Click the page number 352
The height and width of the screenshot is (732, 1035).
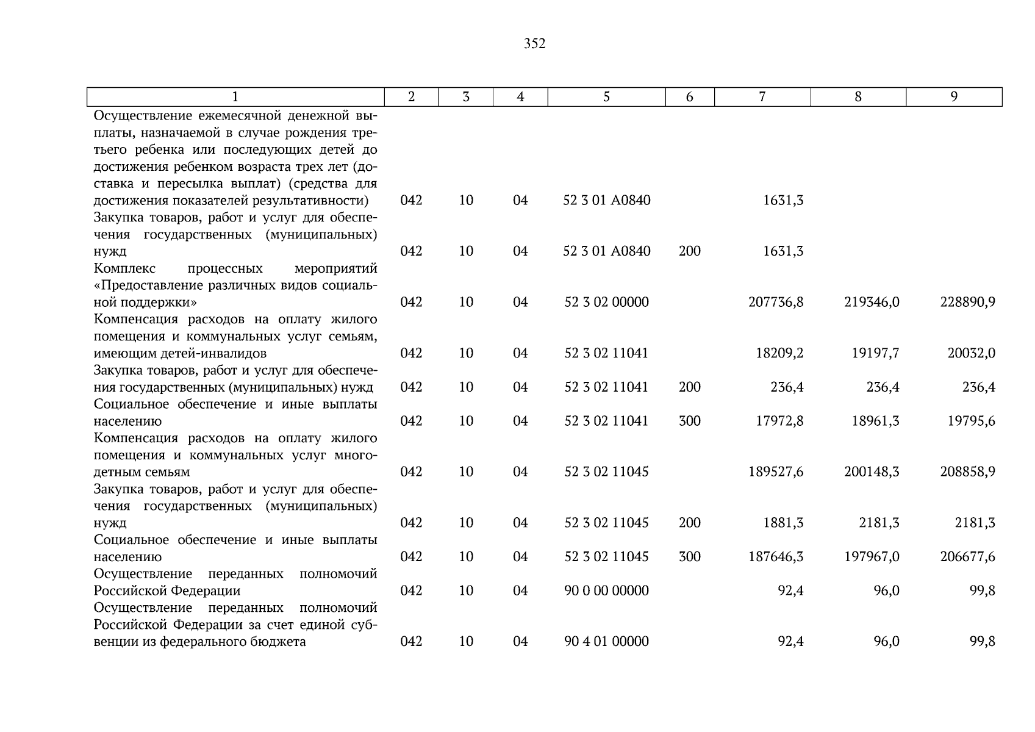click(x=534, y=44)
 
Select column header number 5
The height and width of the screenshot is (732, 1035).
click(x=606, y=96)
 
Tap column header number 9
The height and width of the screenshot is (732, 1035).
click(x=954, y=96)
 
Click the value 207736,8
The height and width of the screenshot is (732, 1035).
click(x=776, y=302)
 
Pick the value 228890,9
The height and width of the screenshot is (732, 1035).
click(x=968, y=302)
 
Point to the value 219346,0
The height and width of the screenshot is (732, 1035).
click(x=872, y=302)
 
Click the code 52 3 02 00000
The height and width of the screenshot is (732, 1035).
click(x=606, y=302)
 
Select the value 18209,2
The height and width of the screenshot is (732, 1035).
click(x=779, y=353)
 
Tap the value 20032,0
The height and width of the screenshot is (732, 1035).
click(x=971, y=353)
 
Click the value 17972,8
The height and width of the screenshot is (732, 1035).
click(x=779, y=421)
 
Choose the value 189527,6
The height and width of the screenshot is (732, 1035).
click(x=776, y=472)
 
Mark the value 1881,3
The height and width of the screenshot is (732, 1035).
click(x=783, y=523)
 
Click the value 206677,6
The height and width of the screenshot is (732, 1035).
click(x=968, y=556)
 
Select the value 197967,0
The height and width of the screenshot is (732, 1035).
click(x=872, y=556)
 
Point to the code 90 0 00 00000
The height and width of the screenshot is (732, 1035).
click(x=606, y=590)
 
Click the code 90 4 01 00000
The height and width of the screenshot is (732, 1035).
click(x=606, y=641)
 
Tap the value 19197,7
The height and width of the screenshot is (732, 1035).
click(x=875, y=353)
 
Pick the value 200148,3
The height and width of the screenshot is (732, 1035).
click(x=872, y=472)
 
